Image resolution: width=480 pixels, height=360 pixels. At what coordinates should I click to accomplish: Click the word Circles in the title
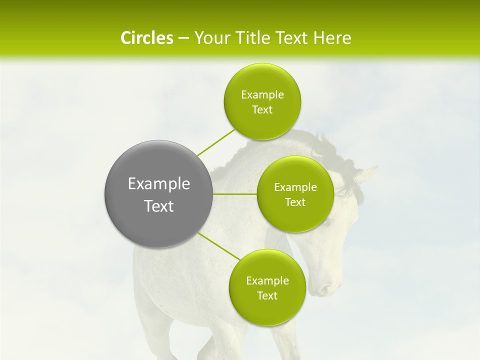coord(146,38)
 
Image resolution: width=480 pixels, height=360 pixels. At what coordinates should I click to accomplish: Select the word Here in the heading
coord(332,38)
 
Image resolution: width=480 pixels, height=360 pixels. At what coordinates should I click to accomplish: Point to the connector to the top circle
coord(216,142)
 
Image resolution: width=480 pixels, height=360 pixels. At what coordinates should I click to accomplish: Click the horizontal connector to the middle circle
coord(234,193)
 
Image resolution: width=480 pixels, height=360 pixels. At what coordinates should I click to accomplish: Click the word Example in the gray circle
coord(159,184)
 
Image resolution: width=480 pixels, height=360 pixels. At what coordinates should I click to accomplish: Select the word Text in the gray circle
coord(159,206)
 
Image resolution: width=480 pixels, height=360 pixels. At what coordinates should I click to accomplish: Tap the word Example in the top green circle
coord(262,95)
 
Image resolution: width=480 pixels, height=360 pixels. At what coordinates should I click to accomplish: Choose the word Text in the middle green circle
coord(295,202)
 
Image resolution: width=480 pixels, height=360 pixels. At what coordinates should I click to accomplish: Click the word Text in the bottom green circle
coord(267,296)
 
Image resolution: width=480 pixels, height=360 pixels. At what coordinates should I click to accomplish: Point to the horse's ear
coord(367,174)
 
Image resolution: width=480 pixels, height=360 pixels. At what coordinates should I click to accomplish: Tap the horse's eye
coord(326,220)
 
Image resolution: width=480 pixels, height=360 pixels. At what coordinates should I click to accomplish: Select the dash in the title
coord(183,38)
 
